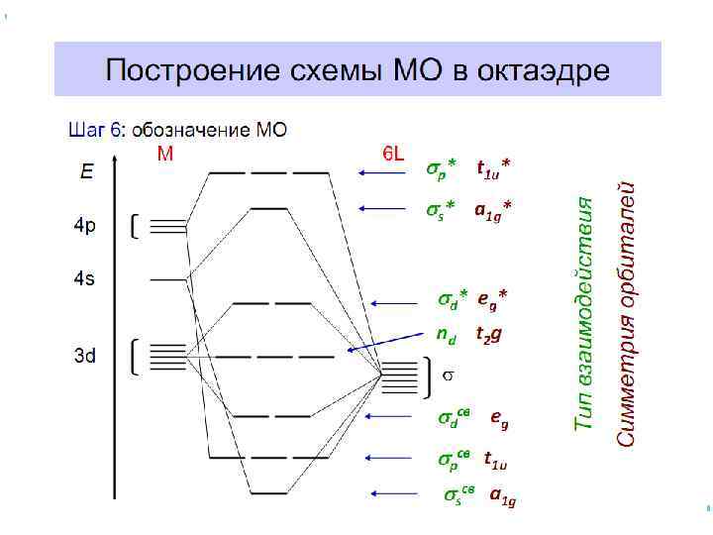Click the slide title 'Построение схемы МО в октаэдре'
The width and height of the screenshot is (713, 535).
click(x=357, y=70)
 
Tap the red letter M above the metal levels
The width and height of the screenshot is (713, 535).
click(x=165, y=154)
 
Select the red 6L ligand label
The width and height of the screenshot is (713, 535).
click(x=393, y=154)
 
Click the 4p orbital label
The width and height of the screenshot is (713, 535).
click(x=85, y=227)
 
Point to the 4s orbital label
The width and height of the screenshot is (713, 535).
click(x=85, y=279)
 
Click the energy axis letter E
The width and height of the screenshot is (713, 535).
click(x=88, y=171)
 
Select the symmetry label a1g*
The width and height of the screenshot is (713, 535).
click(x=493, y=210)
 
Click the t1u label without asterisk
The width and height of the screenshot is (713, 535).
click(x=495, y=460)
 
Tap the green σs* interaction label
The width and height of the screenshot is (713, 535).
click(x=442, y=210)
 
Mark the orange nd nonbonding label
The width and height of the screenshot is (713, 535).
click(x=447, y=336)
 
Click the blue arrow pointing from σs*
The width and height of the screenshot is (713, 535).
click(x=382, y=208)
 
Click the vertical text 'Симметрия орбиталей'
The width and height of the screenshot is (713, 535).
click(x=626, y=313)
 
